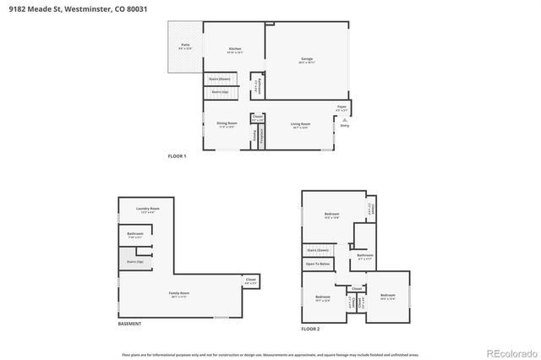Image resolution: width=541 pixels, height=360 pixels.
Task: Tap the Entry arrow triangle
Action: tap(344, 120)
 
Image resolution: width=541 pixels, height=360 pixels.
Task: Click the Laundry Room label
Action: tap(148, 210)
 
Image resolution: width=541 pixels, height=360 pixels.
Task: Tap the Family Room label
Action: tap(178, 294)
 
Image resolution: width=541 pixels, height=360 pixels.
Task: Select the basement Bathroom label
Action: tap(135, 234)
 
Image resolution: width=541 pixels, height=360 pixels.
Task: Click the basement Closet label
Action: tap(250, 280)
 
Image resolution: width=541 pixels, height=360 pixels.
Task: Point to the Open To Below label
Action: tap(318, 265)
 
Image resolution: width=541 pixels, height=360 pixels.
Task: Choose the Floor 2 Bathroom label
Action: tap(364, 255)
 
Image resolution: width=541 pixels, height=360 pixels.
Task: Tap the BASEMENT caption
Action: tap(129, 325)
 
